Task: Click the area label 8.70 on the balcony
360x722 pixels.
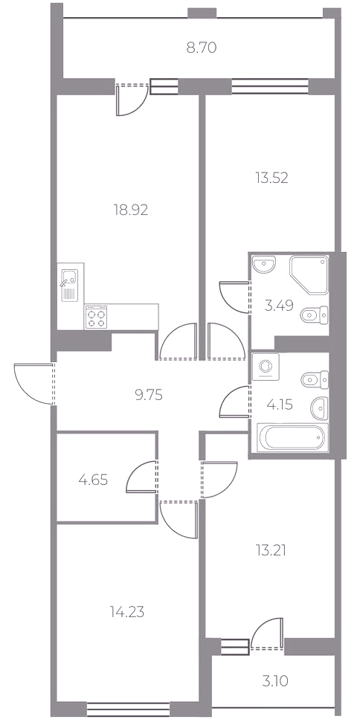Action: tap(201, 48)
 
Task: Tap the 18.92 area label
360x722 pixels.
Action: tap(131, 210)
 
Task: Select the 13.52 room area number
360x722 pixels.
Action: tap(271, 178)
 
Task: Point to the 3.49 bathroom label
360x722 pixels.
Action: tap(279, 305)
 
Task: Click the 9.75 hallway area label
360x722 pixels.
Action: tap(149, 395)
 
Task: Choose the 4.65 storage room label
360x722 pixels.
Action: tap(93, 480)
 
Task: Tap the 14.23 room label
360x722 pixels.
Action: tap(127, 612)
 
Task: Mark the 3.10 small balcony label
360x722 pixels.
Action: tap(274, 680)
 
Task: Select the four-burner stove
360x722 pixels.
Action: tap(96, 318)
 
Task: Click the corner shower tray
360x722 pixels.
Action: tap(309, 275)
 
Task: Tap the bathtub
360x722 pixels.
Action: tap(293, 437)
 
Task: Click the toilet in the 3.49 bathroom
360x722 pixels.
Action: tap(315, 315)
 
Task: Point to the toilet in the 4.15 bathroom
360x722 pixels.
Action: tap(315, 379)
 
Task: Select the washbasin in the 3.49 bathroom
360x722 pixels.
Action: tap(264, 265)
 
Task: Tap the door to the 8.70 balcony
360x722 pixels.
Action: tap(132, 99)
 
